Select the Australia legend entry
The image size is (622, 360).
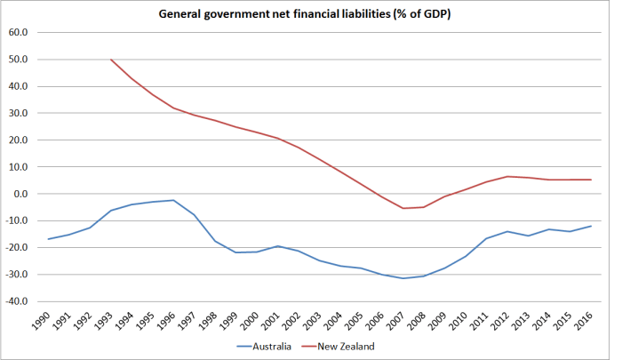pyautogui.click(x=267, y=346)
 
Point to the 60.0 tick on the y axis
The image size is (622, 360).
pyautogui.click(x=18, y=33)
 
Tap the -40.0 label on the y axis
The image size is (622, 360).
pyautogui.click(x=17, y=301)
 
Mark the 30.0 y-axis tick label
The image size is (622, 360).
pyautogui.click(x=18, y=113)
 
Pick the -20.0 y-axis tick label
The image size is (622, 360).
pyautogui.click(x=17, y=247)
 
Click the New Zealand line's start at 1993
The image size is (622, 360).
pyautogui.click(x=111, y=60)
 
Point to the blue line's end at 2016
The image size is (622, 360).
pyautogui.click(x=591, y=226)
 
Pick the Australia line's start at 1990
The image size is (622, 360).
pyautogui.click(x=49, y=239)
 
